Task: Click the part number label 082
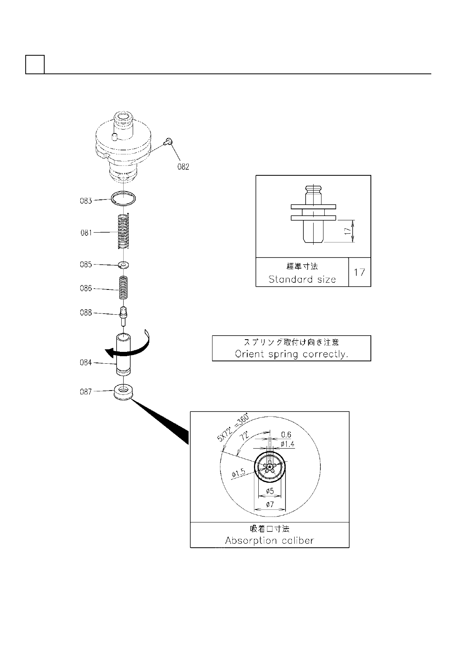point(183,167)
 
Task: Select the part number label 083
point(86,201)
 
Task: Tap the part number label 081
point(86,233)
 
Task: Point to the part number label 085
point(86,265)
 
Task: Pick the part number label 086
point(86,288)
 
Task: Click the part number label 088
point(86,313)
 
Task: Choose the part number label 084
point(86,363)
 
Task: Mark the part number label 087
point(86,392)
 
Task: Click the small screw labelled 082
point(169,140)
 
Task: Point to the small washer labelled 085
point(124,265)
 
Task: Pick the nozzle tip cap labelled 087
point(124,392)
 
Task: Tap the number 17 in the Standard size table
point(359,272)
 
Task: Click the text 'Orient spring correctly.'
point(291,354)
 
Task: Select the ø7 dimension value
point(269,504)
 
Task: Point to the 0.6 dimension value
point(286,435)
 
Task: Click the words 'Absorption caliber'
point(269,540)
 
